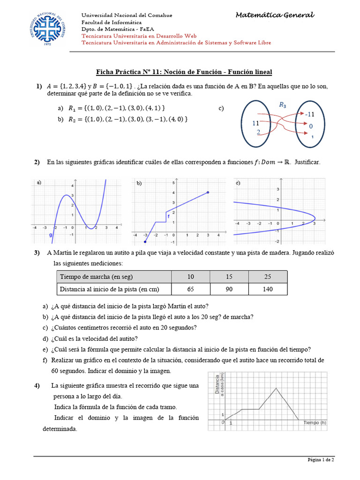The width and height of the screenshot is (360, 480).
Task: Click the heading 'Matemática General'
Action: coord(275,15)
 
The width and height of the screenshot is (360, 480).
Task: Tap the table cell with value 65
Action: coord(190,289)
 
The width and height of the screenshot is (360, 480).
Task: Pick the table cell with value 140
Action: coord(268,289)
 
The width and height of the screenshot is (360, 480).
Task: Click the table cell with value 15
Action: coord(229,277)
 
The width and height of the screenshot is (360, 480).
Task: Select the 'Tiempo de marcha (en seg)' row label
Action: coord(93,277)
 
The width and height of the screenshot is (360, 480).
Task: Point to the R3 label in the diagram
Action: coord(283,105)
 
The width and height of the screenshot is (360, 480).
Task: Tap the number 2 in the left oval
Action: coord(258,132)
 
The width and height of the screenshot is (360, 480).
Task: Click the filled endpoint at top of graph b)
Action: coord(208,192)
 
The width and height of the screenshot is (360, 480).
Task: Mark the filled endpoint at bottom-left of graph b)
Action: coord(145,242)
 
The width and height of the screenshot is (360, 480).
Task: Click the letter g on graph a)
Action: coord(50,236)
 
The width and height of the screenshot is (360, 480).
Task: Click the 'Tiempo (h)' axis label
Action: coord(315,423)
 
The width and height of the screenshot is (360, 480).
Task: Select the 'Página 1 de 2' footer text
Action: coord(321,460)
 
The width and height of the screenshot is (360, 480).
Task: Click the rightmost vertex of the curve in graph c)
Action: coord(315,218)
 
